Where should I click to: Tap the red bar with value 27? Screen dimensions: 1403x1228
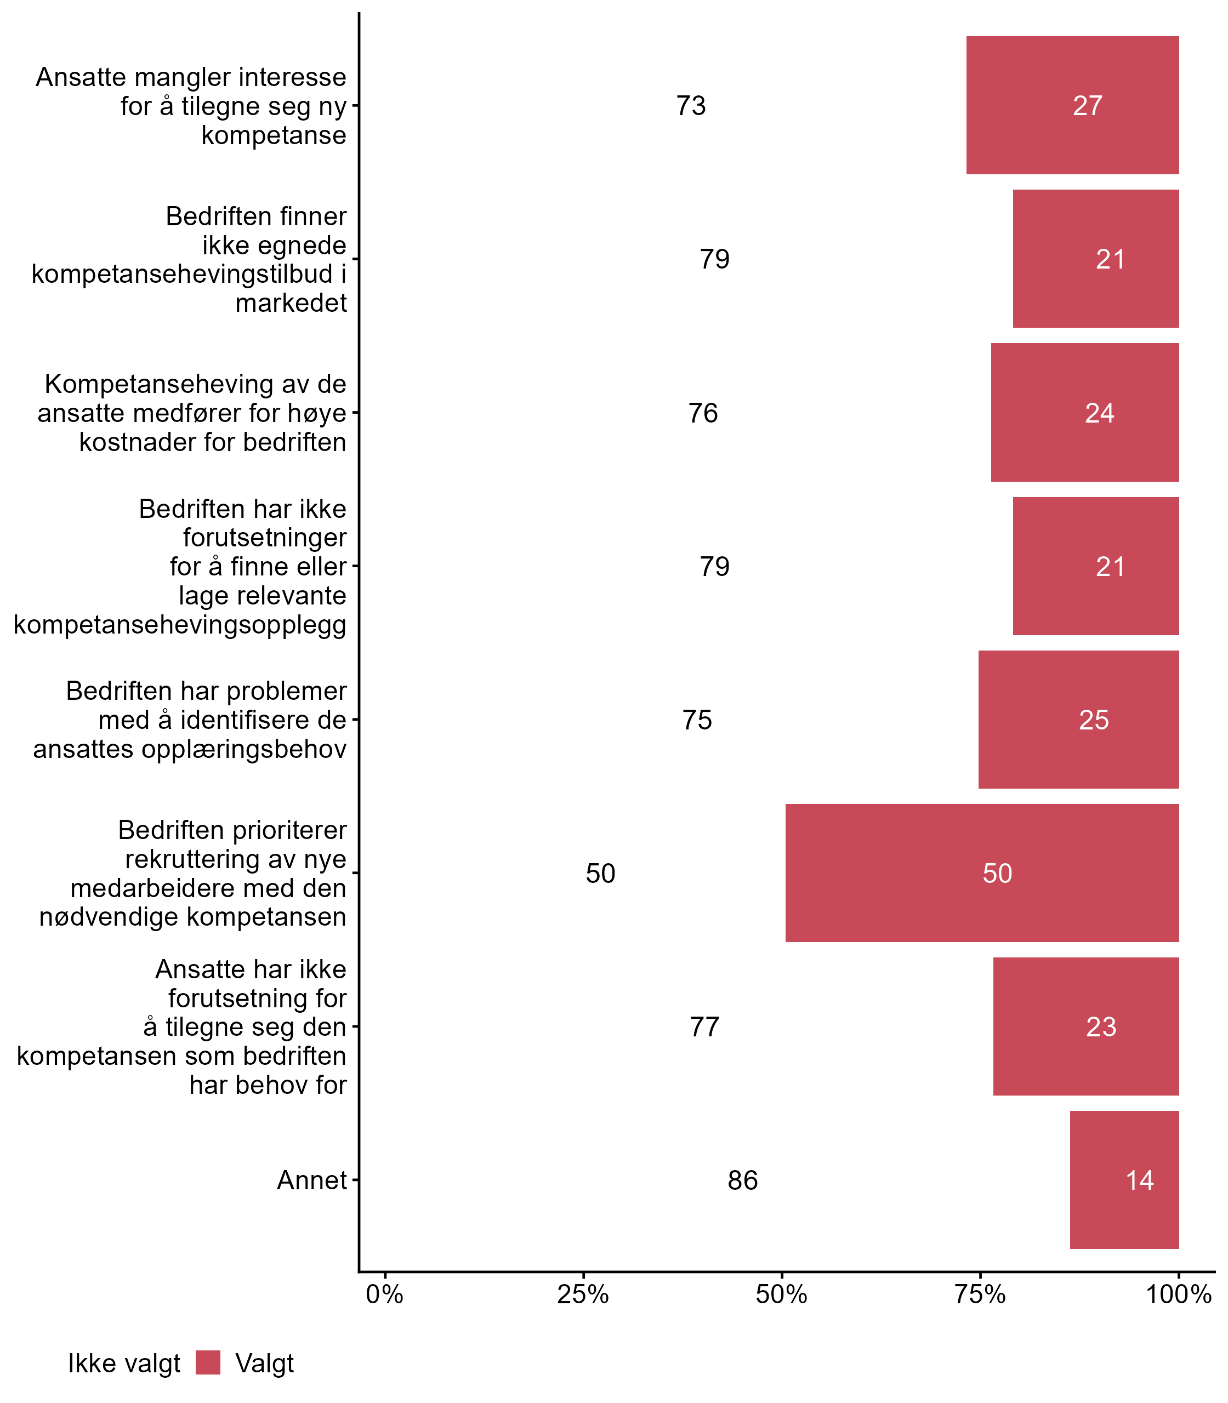1072,105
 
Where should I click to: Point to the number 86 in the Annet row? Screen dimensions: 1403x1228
742,1180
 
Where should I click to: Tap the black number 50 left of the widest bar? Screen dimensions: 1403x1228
600,874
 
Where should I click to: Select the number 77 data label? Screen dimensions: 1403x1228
704,1027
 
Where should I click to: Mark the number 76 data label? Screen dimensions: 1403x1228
703,413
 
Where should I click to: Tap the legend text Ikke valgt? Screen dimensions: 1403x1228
124,1364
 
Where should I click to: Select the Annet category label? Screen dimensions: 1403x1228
312,1180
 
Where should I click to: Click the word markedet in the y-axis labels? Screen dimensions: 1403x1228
291,303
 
